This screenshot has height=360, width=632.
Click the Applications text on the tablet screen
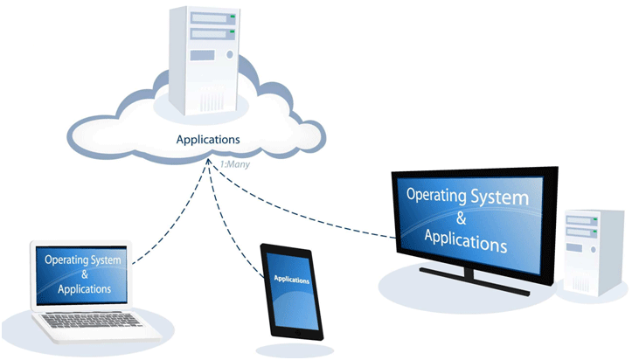291,280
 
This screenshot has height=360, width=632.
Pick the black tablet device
292,292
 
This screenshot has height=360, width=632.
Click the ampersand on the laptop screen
83,274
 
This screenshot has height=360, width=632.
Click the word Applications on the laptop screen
84,288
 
